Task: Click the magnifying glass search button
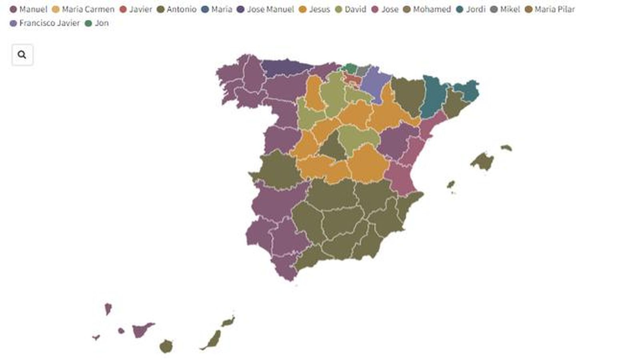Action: tap(22, 55)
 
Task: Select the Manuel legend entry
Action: tap(28, 9)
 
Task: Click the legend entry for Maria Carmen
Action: tap(83, 9)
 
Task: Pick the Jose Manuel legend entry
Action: tap(266, 9)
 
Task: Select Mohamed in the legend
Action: tap(427, 9)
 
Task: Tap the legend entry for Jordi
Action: tap(471, 9)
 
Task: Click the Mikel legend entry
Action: tap(505, 9)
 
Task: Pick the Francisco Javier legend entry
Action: tap(45, 23)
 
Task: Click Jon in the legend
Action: tap(97, 23)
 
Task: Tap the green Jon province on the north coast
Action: tap(351, 68)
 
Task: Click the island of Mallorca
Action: tap(483, 161)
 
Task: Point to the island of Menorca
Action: tap(506, 148)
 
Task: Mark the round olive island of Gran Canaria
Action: tap(166, 346)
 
